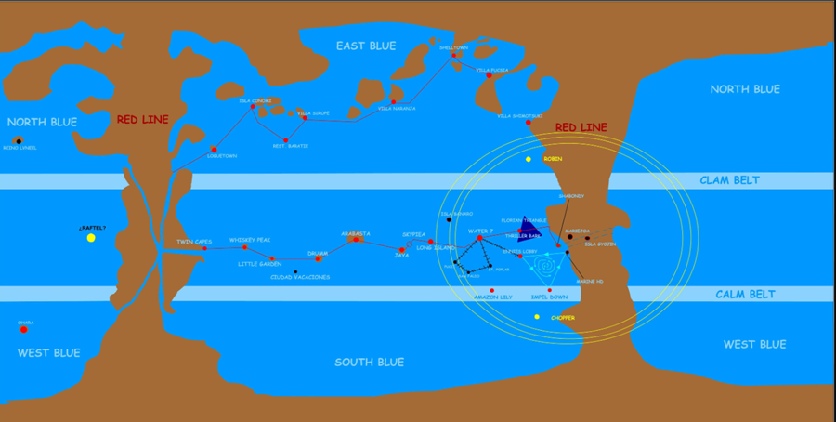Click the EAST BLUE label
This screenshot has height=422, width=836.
click(x=366, y=46)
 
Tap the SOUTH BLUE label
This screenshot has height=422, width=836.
click(x=369, y=362)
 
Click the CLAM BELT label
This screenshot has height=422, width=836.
click(x=730, y=180)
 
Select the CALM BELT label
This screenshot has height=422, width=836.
click(x=738, y=295)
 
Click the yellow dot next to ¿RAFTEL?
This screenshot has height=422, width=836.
click(x=91, y=238)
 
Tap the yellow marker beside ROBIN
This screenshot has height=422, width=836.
click(x=529, y=159)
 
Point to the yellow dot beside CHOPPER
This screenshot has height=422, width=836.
click(x=537, y=317)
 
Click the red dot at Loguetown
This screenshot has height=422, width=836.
click(x=214, y=149)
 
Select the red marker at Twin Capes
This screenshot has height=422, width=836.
click(x=204, y=248)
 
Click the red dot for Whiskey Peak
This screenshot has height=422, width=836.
click(x=245, y=246)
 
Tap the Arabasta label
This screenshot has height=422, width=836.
click(x=356, y=233)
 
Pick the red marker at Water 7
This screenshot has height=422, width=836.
click(x=480, y=239)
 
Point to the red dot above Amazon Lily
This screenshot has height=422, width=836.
click(x=492, y=291)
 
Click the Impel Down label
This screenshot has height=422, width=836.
click(x=549, y=297)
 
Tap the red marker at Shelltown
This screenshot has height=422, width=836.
click(x=454, y=55)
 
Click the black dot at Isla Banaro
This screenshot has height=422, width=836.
click(x=450, y=220)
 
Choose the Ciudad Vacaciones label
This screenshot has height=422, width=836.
click(x=300, y=277)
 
